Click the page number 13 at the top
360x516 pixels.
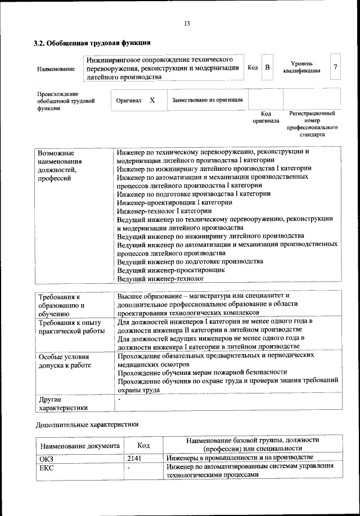coord(187,23)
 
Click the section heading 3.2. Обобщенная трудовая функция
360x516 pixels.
coord(92,43)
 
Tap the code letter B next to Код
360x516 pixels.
coord(268,67)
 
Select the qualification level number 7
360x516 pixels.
coord(335,67)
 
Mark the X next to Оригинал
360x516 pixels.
coord(152,100)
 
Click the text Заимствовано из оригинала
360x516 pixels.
coord(207,100)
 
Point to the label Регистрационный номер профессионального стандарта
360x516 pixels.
coord(312,124)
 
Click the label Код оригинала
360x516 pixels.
coord(265,117)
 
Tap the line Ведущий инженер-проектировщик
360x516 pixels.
coord(171,270)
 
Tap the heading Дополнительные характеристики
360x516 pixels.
coord(87,425)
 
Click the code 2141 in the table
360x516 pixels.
coord(137,458)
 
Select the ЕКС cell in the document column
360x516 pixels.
coord(45,467)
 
